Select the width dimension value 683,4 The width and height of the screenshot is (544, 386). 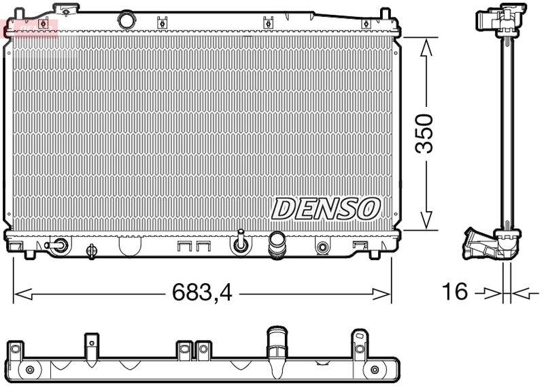click(x=201, y=293)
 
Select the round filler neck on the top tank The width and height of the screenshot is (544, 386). click(x=125, y=19)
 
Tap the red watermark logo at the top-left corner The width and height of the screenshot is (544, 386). click(x=30, y=28)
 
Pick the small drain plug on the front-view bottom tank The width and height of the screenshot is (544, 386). click(x=240, y=243)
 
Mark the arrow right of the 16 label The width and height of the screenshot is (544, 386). click(x=520, y=293)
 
